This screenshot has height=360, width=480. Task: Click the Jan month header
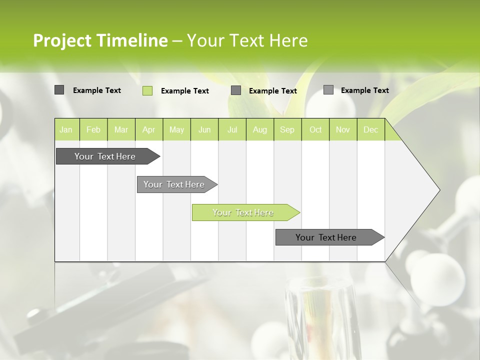click(x=66, y=129)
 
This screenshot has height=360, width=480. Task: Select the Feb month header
click(x=93, y=129)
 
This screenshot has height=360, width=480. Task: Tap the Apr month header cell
click(x=149, y=129)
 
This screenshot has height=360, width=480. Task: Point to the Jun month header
click(x=204, y=129)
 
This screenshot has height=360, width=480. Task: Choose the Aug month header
click(x=260, y=129)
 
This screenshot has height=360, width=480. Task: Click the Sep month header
click(x=287, y=129)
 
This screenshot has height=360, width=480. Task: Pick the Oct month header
click(x=315, y=129)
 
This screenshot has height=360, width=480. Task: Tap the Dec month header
click(x=371, y=129)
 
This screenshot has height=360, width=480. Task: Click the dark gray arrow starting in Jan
click(x=105, y=156)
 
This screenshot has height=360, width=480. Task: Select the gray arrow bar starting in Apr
click(x=174, y=184)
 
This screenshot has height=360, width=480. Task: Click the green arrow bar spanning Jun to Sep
click(x=243, y=212)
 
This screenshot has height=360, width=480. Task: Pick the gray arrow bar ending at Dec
click(x=326, y=237)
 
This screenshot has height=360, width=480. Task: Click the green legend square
click(x=147, y=90)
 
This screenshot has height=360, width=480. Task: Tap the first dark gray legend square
click(x=59, y=90)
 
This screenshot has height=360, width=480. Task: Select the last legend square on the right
click(x=328, y=90)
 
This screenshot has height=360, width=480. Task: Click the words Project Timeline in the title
click(x=100, y=40)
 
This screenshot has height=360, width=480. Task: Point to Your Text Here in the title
click(x=247, y=40)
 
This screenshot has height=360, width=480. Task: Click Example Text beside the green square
click(x=185, y=91)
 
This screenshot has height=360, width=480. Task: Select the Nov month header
click(x=343, y=129)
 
